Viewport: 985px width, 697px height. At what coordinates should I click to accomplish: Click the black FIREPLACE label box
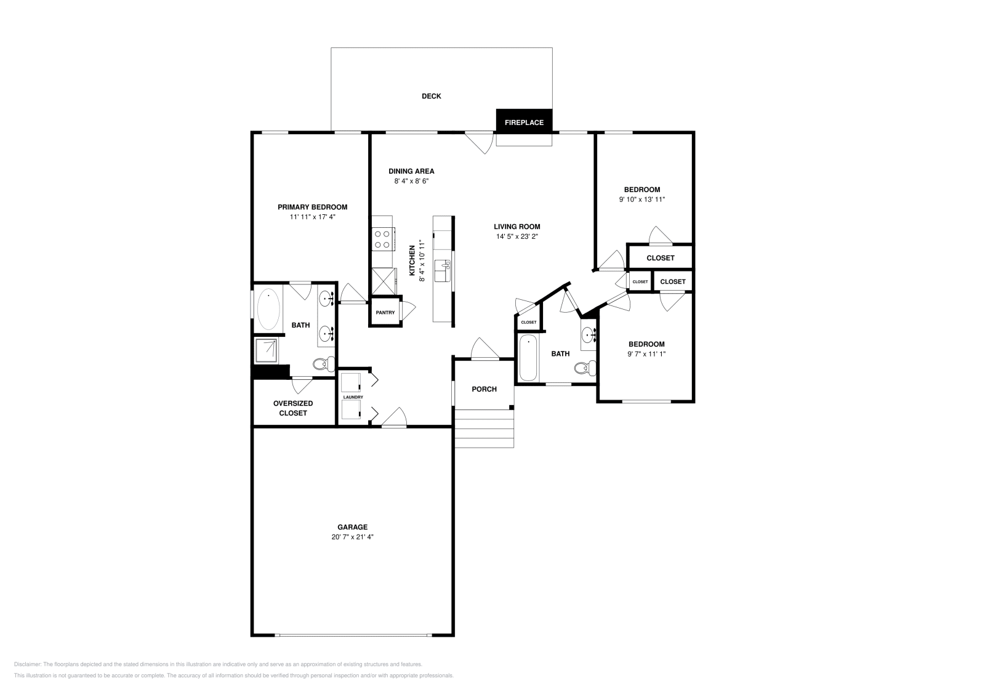point(524,122)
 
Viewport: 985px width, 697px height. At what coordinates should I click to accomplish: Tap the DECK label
point(431,96)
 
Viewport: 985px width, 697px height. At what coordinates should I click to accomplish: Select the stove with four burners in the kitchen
point(382,239)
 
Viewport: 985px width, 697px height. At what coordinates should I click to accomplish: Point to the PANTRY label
point(385,312)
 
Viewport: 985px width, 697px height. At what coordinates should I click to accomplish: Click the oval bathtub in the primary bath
point(268,309)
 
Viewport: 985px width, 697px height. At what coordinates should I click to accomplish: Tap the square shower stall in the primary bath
point(267,350)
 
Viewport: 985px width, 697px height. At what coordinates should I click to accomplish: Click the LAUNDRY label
point(353,397)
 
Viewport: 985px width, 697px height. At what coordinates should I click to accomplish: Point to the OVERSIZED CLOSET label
point(293,408)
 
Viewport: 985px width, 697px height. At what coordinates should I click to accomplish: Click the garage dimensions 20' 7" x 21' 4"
point(353,537)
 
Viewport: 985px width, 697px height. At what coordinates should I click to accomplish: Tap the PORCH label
point(484,389)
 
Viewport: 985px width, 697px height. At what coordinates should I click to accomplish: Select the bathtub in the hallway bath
point(528,358)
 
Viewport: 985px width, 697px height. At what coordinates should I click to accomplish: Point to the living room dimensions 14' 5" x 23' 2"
point(517,236)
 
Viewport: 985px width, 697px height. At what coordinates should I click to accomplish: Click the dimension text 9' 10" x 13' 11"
point(642,199)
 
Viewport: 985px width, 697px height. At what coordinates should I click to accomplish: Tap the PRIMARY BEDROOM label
point(312,207)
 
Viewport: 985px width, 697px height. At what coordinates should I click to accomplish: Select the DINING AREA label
point(411,171)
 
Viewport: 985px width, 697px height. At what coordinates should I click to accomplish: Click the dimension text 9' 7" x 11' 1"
point(646,354)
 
